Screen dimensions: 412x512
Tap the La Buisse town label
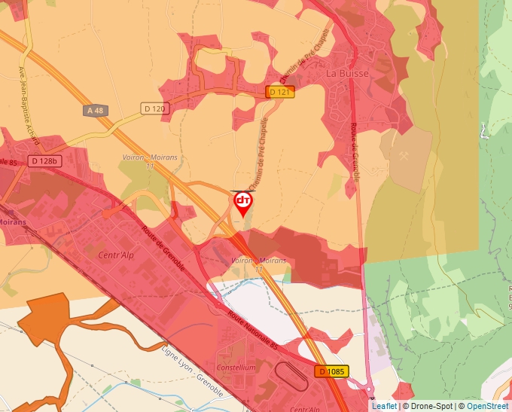(x=347, y=75)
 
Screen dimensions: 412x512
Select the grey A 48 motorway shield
(x=96, y=111)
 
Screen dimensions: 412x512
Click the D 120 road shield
(x=154, y=109)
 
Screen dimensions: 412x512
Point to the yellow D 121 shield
(x=280, y=92)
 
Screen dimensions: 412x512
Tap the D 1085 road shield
(x=331, y=371)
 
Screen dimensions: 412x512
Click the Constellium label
(x=236, y=367)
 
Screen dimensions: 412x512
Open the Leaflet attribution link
(x=384, y=406)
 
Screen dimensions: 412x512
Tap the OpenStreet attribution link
(x=489, y=406)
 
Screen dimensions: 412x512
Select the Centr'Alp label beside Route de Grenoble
(x=115, y=255)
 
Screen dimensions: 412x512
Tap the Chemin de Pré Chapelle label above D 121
(x=307, y=56)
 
